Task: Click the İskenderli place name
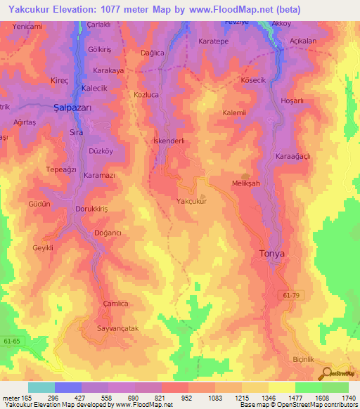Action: click(x=169, y=141)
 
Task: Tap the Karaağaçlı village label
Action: click(x=293, y=155)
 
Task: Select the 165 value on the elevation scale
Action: click(x=27, y=398)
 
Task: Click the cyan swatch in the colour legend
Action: click(x=41, y=387)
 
